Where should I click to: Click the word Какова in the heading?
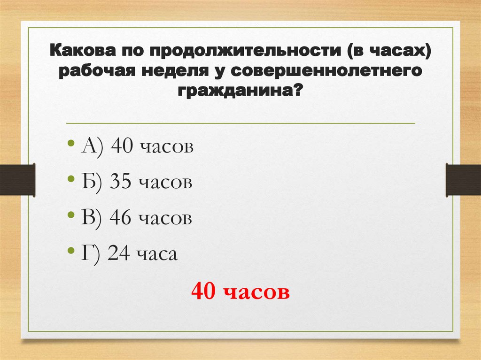[80, 50]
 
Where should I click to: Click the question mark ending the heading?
[297, 92]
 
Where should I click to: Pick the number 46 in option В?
[120, 218]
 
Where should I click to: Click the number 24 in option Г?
[117, 254]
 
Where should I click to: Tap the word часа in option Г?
[157, 255]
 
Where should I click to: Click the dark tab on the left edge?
[17, 179]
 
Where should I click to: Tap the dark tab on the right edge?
[463, 179]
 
